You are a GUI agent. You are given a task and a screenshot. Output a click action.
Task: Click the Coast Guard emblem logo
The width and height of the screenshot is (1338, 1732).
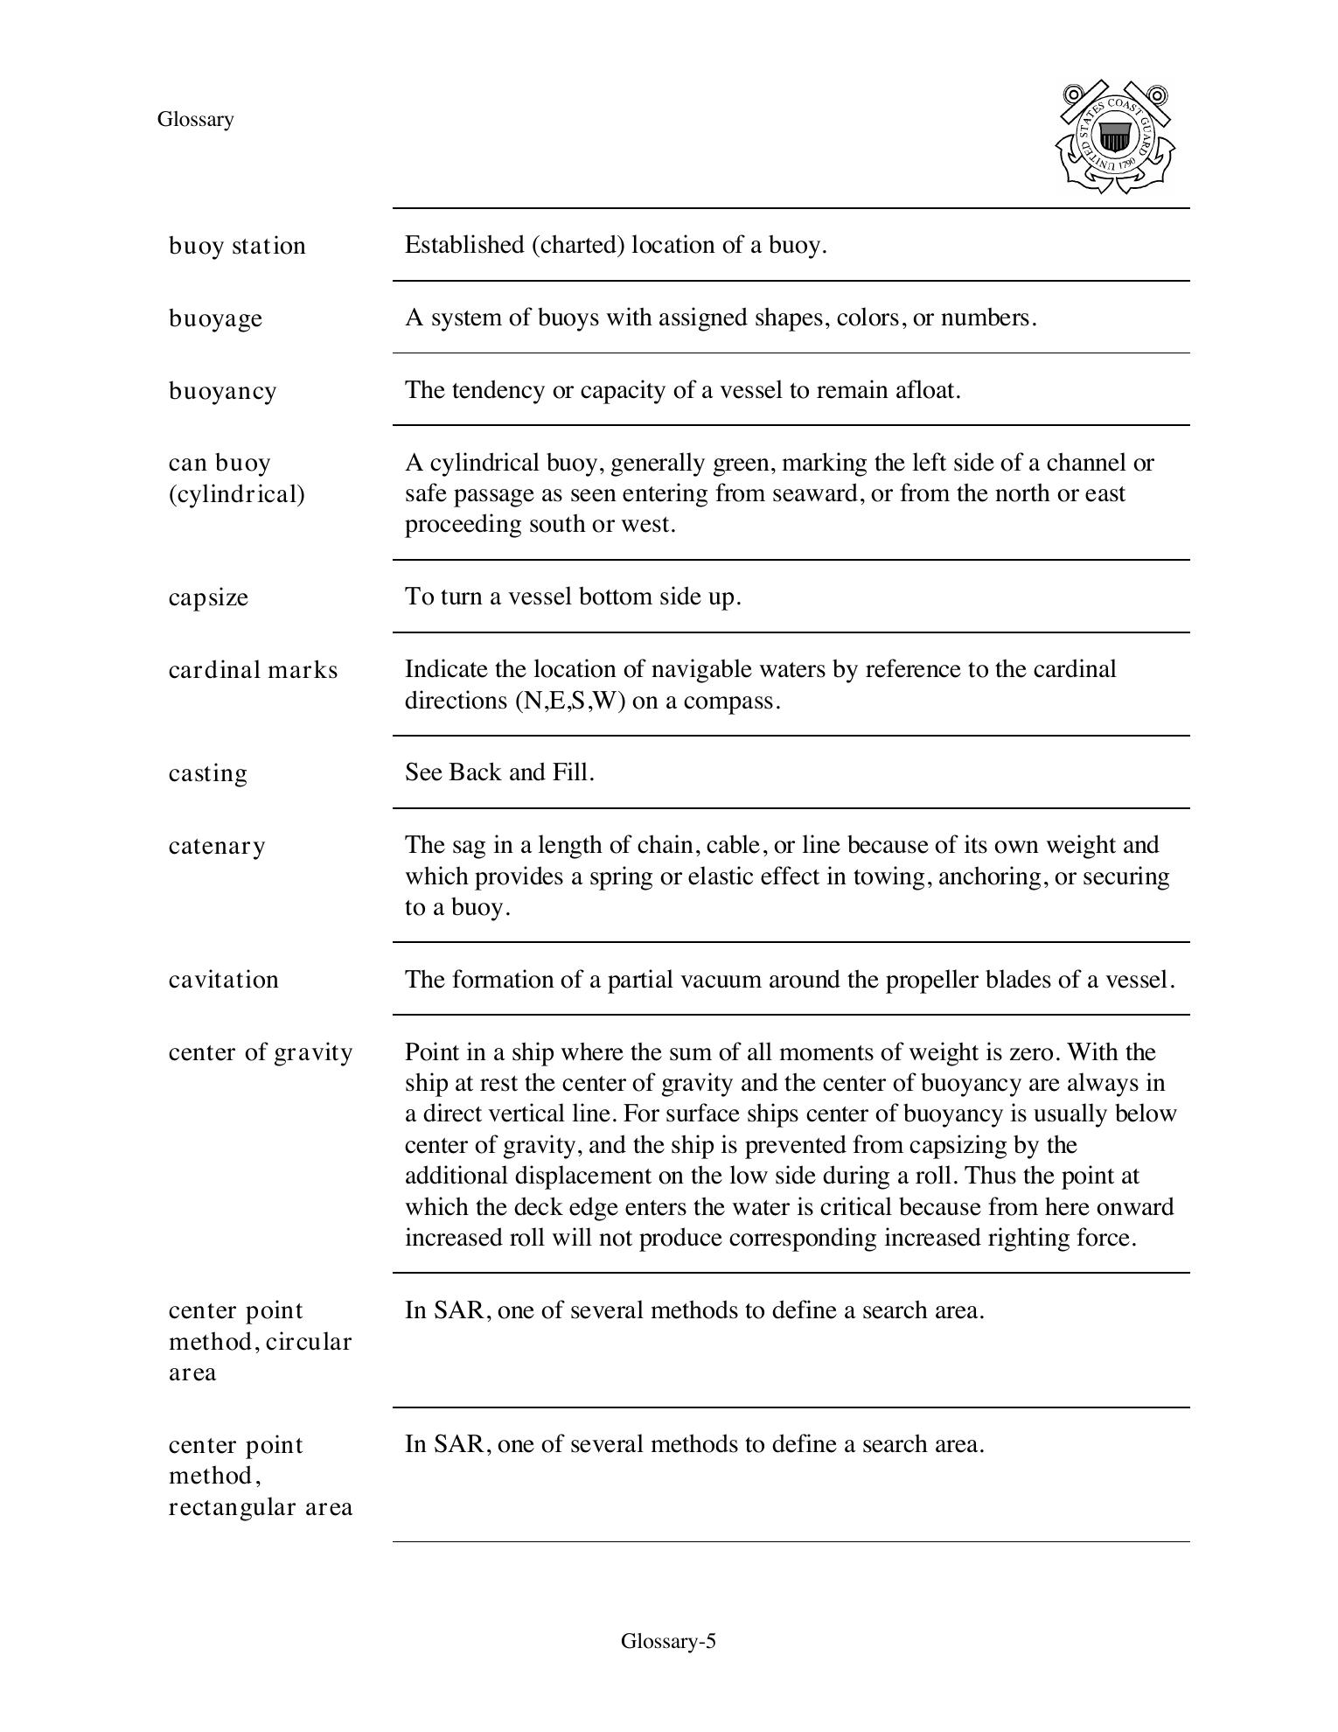pyautogui.click(x=1115, y=137)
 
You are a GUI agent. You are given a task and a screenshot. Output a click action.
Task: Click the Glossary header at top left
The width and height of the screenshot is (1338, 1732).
pyautogui.click(x=195, y=120)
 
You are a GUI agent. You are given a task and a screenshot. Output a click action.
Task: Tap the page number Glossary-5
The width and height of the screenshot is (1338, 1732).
pyautogui.click(x=668, y=1641)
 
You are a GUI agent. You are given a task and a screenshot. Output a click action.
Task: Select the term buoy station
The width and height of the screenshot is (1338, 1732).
pyautogui.click(x=237, y=246)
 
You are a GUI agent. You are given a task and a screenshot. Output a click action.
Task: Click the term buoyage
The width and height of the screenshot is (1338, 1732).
pyautogui.click(x=215, y=318)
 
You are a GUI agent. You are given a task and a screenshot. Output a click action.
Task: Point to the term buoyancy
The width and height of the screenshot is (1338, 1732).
pyautogui.click(x=222, y=391)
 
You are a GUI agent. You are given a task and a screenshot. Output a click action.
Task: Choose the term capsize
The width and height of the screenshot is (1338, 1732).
pyautogui.click(x=208, y=597)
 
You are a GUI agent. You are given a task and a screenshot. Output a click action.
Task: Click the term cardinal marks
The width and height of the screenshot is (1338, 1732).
pyautogui.click(x=253, y=670)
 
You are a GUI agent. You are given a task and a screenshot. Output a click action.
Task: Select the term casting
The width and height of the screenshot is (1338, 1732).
pyautogui.click(x=208, y=773)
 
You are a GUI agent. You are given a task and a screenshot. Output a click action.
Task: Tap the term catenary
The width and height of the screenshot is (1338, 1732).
pyautogui.click(x=217, y=846)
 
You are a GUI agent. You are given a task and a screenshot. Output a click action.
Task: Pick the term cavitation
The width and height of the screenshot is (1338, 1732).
pyautogui.click(x=223, y=980)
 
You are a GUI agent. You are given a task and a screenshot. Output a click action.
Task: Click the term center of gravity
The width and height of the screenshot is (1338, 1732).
pyautogui.click(x=261, y=1052)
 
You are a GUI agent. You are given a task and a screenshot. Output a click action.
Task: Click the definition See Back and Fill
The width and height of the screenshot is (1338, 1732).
pyautogui.click(x=499, y=772)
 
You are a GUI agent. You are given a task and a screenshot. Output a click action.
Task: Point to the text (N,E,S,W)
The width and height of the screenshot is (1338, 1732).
pyautogui.click(x=570, y=701)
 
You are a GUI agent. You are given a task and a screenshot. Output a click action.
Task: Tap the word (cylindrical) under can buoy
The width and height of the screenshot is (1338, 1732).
pyautogui.click(x=237, y=495)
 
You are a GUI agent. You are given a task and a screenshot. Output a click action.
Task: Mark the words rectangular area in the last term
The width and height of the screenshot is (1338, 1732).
pyautogui.click(x=261, y=1507)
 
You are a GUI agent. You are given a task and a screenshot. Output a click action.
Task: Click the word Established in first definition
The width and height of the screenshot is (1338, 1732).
pyautogui.click(x=464, y=245)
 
